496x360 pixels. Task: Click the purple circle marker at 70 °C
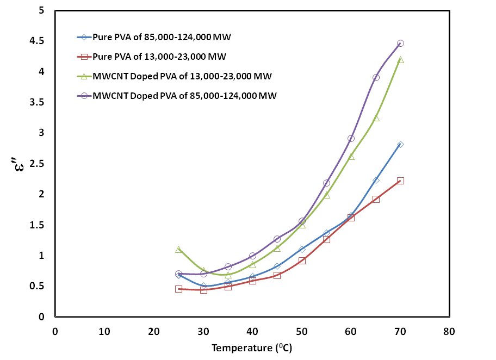coord(400,44)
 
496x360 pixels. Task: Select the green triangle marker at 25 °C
coord(178,249)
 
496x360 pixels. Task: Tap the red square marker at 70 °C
coord(400,181)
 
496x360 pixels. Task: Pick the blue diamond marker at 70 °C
coord(400,144)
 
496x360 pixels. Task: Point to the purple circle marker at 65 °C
coord(376,77)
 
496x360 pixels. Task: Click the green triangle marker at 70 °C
coord(400,60)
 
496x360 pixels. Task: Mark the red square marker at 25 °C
coord(178,289)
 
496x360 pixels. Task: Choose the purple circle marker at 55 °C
coord(326,183)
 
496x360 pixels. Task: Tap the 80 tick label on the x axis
coord(449,331)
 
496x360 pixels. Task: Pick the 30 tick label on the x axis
coord(203,331)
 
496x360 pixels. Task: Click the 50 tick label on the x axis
coord(301,331)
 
